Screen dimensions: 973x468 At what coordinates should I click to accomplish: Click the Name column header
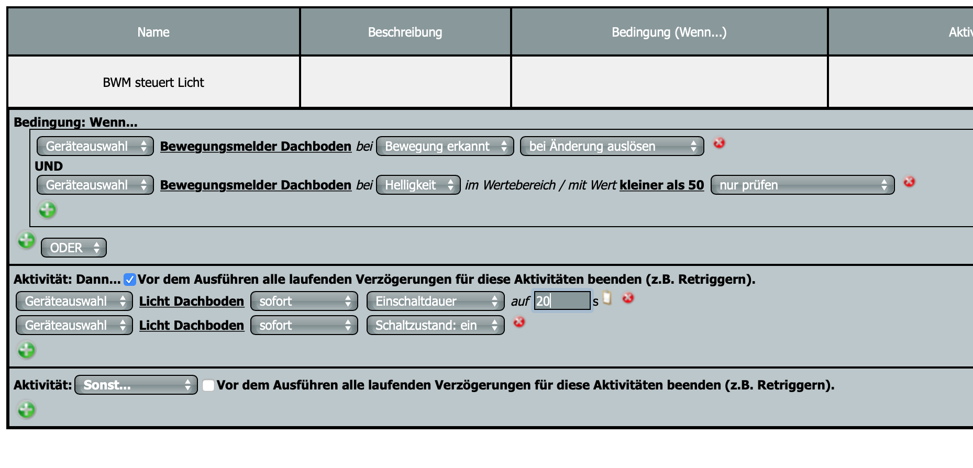pos(153,32)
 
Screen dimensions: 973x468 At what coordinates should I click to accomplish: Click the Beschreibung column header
pos(405,32)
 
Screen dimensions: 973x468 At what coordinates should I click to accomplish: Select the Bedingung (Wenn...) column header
pos(669,32)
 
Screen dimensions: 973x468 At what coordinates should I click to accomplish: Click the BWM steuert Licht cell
pos(153,82)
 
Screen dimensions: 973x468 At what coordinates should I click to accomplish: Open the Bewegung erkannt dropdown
pos(445,146)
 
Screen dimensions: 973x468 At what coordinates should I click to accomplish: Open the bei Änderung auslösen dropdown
pos(612,146)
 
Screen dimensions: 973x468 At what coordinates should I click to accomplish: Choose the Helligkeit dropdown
pos(418,185)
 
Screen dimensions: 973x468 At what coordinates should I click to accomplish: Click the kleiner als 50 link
pos(662,185)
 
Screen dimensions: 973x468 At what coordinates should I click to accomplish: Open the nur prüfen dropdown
pos(802,185)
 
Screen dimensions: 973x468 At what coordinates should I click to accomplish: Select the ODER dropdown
pos(74,248)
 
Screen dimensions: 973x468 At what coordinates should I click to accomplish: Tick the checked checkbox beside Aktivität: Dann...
pos(130,280)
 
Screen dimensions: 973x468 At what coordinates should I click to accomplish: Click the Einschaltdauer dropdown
pos(435,301)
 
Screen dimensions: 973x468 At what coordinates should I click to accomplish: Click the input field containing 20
pos(562,300)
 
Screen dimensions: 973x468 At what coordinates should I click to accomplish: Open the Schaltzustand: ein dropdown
pos(435,325)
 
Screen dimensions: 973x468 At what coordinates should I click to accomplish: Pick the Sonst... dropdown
pos(136,385)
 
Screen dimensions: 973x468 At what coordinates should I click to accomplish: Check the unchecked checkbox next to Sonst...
pos(208,385)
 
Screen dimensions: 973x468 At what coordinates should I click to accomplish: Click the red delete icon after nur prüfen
pos(909,182)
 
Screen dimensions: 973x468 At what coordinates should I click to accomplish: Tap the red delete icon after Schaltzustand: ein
pos(519,322)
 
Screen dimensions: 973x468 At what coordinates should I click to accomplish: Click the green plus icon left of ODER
pos(26,240)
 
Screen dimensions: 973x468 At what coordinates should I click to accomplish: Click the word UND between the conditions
pos(49,166)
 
